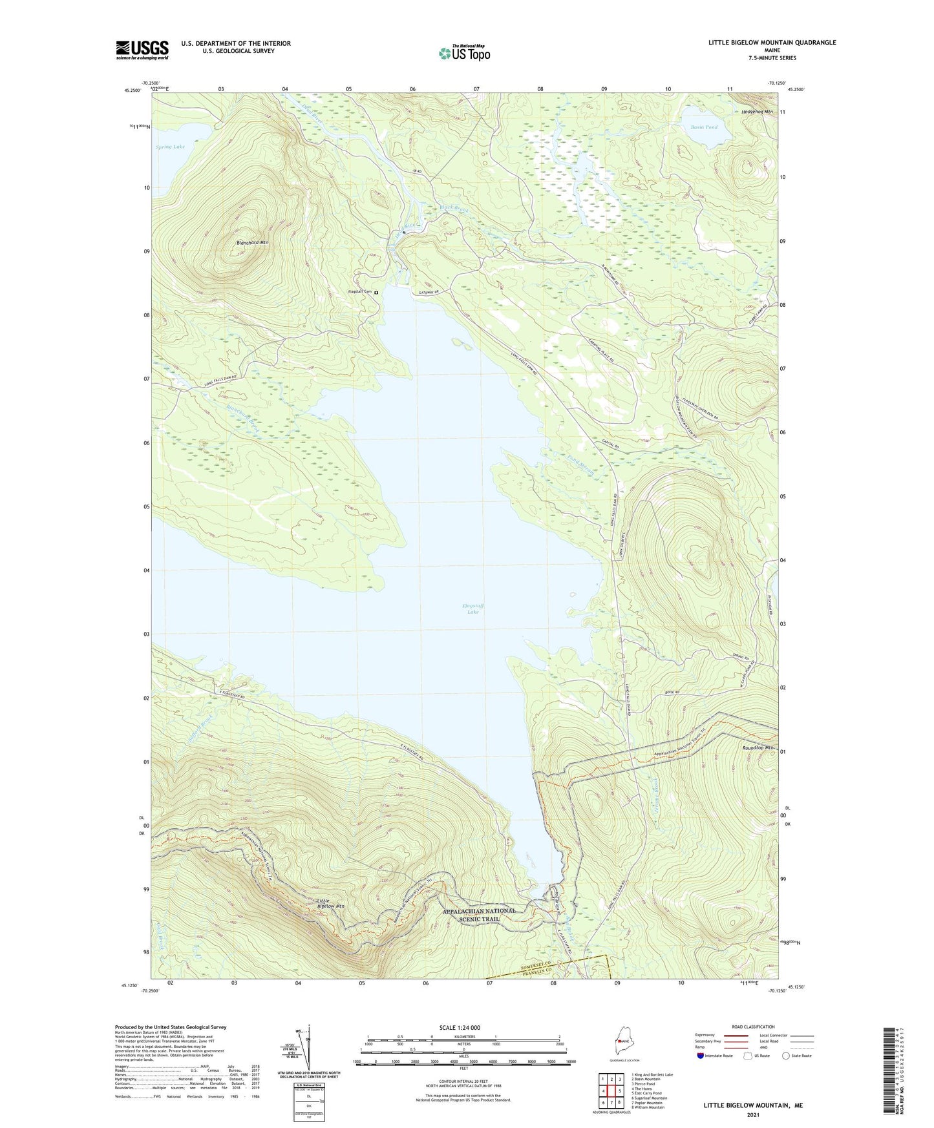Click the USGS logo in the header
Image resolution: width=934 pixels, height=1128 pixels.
pyautogui.click(x=142, y=50)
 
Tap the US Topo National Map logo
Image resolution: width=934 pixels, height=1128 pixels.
pyautogui.click(x=463, y=53)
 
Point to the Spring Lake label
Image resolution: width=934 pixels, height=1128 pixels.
pyautogui.click(x=170, y=147)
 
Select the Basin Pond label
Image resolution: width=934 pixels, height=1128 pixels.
pyautogui.click(x=704, y=127)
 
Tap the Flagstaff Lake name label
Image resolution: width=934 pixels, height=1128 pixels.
pyautogui.click(x=473, y=608)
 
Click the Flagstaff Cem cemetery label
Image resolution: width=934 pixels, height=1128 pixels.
pyautogui.click(x=361, y=292)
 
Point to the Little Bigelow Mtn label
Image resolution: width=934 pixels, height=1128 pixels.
pyautogui.click(x=330, y=903)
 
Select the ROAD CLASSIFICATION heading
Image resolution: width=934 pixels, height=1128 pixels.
pyautogui.click(x=754, y=1027)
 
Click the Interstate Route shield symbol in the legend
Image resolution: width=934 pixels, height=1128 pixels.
pyautogui.click(x=701, y=1056)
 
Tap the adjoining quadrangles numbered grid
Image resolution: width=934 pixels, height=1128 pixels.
pyautogui.click(x=611, y=1091)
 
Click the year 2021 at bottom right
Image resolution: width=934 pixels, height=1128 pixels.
pyautogui.click(x=753, y=1115)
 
